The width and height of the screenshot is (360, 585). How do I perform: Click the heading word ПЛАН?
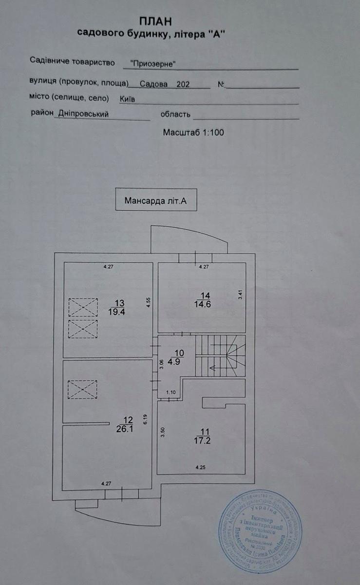(x=155, y=21)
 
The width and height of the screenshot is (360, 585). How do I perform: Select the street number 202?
(x=183, y=84)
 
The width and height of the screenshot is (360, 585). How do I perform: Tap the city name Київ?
(x=127, y=98)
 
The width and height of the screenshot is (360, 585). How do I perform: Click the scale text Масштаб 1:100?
(x=193, y=132)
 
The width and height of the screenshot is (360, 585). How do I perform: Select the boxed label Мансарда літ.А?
(x=156, y=200)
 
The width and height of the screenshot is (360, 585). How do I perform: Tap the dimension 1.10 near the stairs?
(x=171, y=392)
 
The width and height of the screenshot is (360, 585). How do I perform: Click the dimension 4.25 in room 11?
(x=201, y=468)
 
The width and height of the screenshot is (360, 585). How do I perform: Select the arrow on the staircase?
(x=213, y=368)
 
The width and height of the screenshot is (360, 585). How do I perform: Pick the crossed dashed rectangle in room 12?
(x=82, y=390)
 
